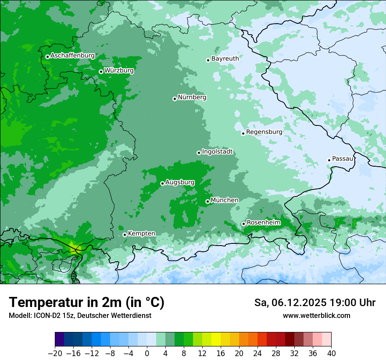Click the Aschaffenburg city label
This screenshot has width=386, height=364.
click(x=72, y=56)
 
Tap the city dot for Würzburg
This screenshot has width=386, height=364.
click(x=101, y=71)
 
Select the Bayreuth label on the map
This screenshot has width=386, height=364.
click(x=225, y=59)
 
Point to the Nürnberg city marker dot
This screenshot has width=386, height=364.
click(x=175, y=99)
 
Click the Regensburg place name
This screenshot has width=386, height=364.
click(x=264, y=132)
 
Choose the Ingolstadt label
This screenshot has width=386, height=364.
click(x=217, y=152)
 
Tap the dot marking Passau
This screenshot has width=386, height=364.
click(x=329, y=160)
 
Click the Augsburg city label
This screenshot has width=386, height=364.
click(x=180, y=182)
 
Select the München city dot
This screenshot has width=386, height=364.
click(x=207, y=202)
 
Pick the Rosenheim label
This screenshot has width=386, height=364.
click(x=263, y=223)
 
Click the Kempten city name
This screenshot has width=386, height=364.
click(x=141, y=234)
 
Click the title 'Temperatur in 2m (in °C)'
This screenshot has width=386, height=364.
click(x=86, y=303)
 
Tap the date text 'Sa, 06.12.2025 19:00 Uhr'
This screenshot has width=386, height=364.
click(x=315, y=303)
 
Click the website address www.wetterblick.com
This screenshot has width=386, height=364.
click(x=316, y=315)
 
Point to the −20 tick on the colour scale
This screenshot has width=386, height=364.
click(x=55, y=353)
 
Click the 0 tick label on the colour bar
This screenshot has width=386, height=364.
click(x=147, y=353)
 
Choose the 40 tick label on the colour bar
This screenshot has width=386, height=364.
click(x=331, y=353)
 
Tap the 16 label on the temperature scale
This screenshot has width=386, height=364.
click(x=221, y=353)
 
